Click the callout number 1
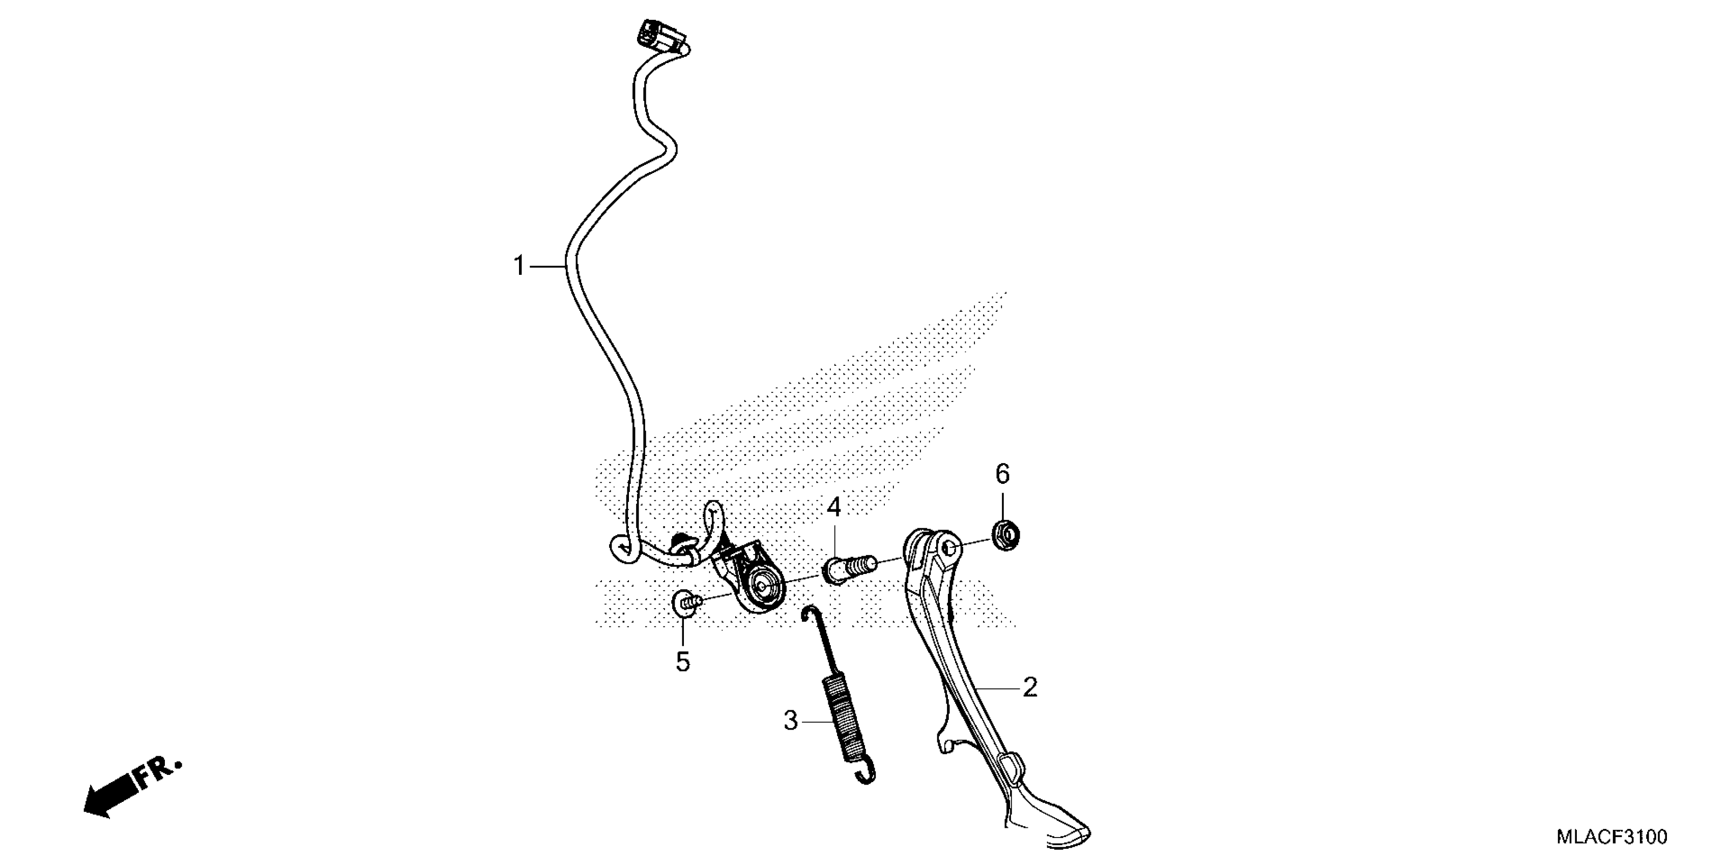click(518, 266)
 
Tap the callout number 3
click(790, 720)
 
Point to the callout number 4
click(833, 508)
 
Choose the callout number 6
click(1002, 475)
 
